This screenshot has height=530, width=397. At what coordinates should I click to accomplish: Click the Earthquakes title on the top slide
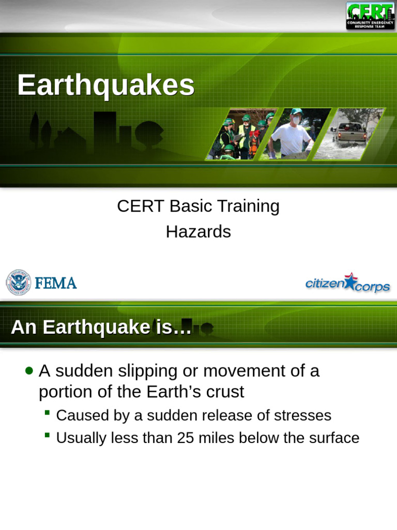[105, 85]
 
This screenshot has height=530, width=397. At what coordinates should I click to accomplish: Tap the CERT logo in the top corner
[370, 16]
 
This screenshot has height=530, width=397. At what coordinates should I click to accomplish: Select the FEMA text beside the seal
[56, 283]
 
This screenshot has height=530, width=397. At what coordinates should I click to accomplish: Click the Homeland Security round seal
[18, 283]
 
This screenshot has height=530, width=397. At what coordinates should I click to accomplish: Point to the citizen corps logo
[347, 283]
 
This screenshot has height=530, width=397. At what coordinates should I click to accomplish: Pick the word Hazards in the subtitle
[198, 232]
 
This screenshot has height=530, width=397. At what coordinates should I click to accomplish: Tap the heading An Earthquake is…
[101, 327]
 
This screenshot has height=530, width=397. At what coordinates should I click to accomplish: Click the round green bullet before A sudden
[29, 371]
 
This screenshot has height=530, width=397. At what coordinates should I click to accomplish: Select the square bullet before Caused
[47, 413]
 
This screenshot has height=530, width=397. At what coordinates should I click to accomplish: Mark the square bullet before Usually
[47, 435]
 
